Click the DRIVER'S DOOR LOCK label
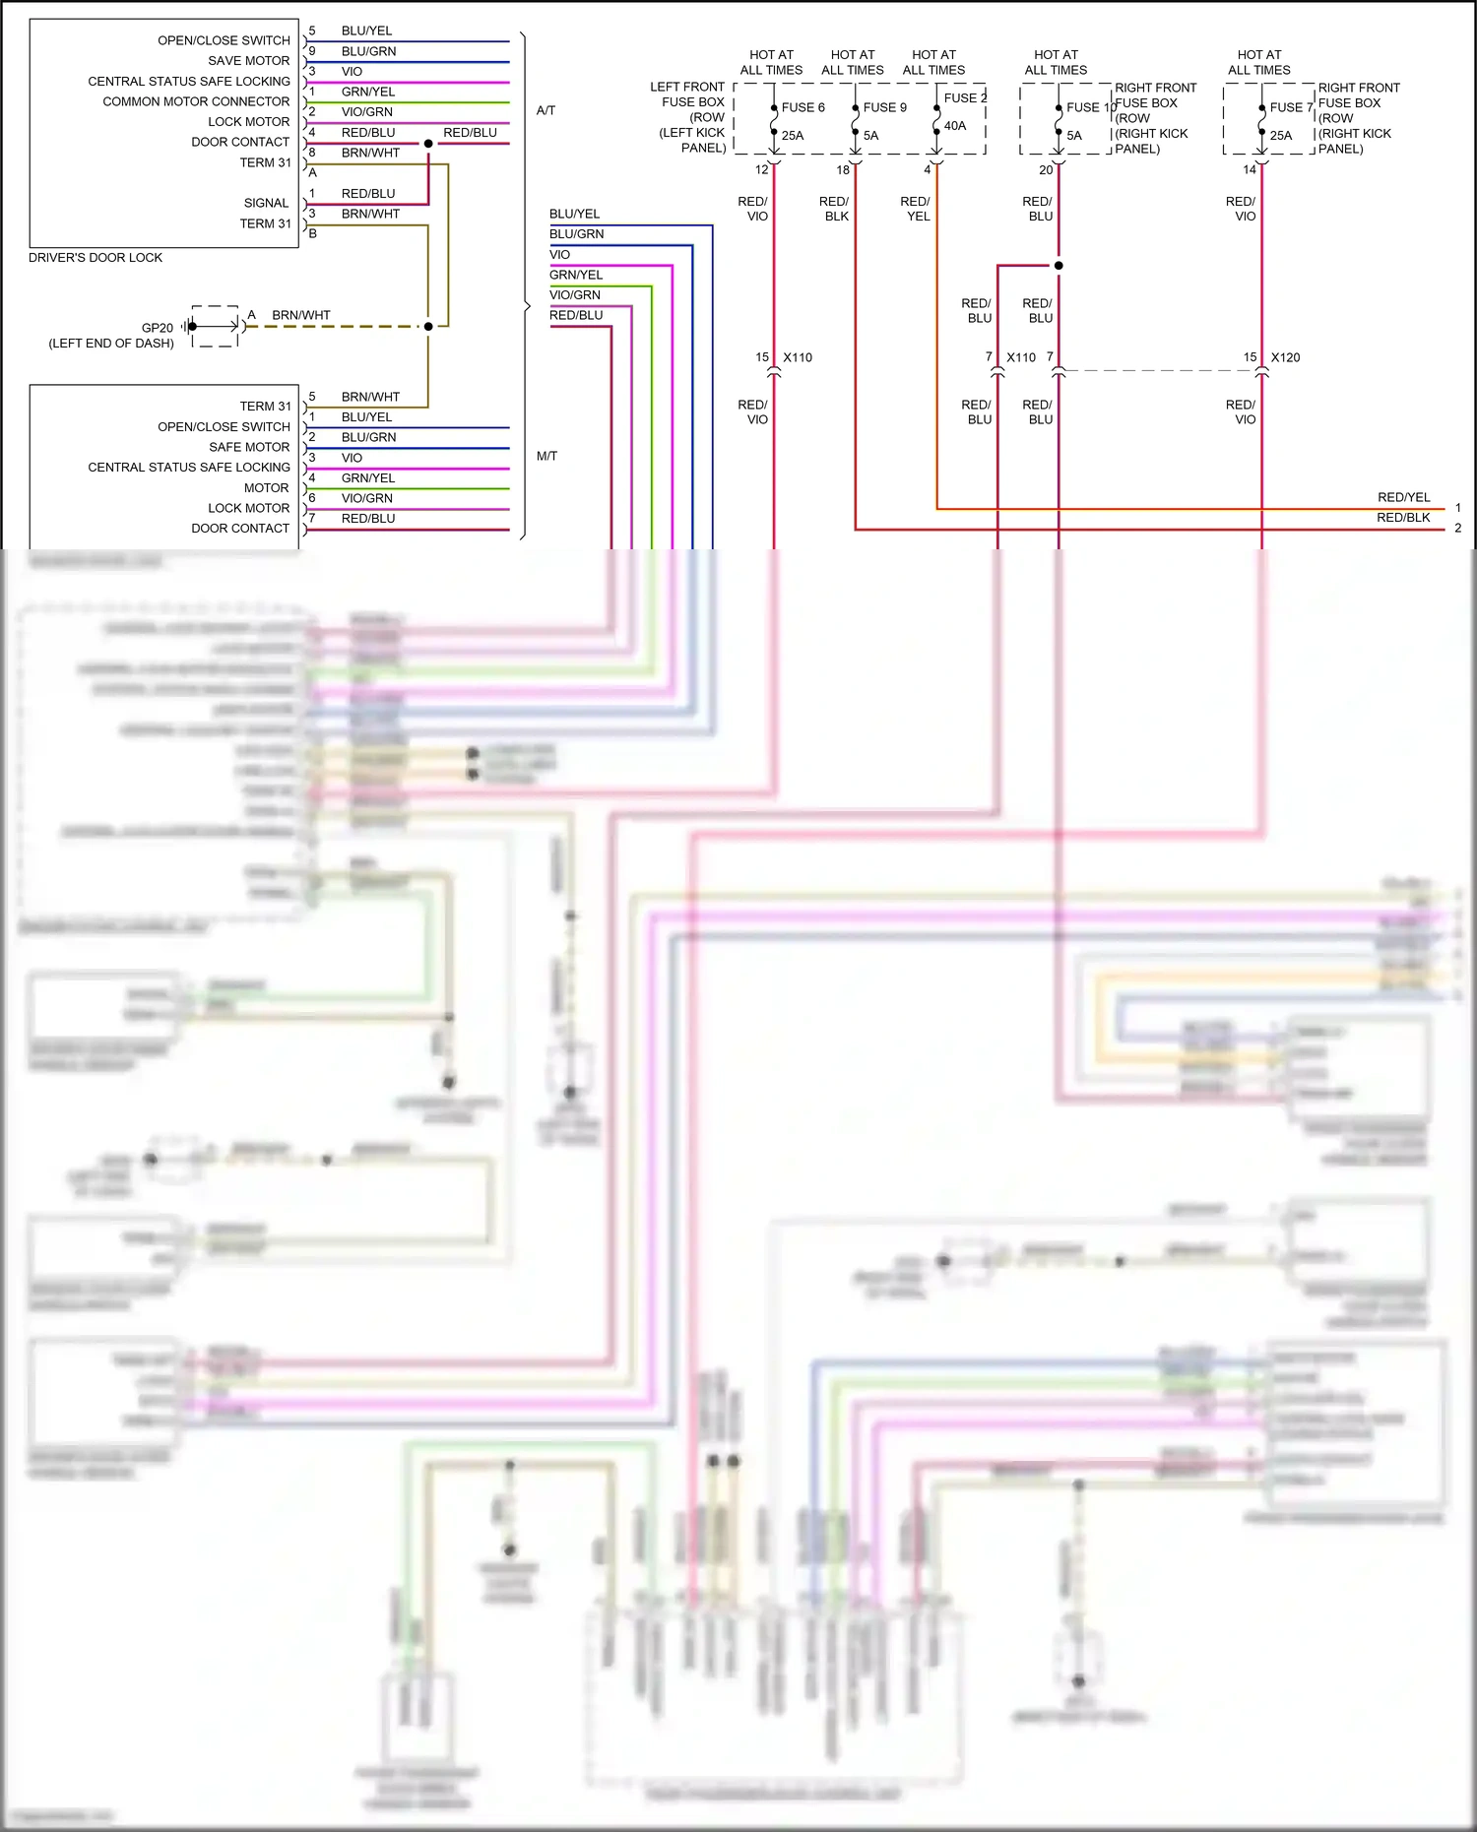tap(96, 258)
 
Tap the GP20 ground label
tap(158, 328)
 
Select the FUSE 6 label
tap(803, 107)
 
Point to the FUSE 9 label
tap(884, 107)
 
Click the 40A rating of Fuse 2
tap(955, 126)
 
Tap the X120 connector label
tap(1285, 357)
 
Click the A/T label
tap(546, 110)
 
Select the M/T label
tap(546, 456)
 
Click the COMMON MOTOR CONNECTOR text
tap(196, 101)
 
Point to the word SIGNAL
tap(266, 203)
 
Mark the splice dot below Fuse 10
tap(1059, 266)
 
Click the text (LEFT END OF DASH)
tap(111, 344)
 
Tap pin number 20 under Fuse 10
tap(1046, 170)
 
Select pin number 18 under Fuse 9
tap(843, 170)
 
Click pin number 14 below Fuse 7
tap(1250, 170)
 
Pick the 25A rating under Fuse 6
tap(793, 136)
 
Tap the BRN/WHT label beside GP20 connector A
tap(301, 315)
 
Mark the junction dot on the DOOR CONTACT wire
tap(428, 144)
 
